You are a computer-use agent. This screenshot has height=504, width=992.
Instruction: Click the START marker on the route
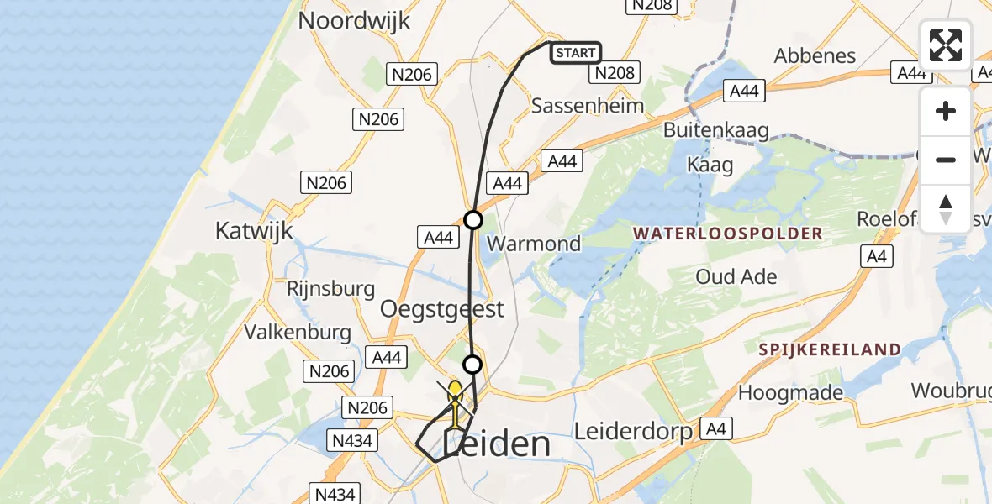pos(576,53)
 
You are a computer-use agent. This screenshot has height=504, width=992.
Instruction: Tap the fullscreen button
pos(946,45)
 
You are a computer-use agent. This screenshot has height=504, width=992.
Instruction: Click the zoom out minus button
pos(946,160)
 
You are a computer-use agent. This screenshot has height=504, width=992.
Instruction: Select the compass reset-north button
pos(946,208)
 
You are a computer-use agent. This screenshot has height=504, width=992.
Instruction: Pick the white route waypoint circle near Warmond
pos(473,220)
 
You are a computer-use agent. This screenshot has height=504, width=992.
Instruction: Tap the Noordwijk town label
pos(354,20)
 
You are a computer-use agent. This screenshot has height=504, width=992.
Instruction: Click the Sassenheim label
pos(588,106)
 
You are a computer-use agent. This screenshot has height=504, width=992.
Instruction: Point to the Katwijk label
pos(254,229)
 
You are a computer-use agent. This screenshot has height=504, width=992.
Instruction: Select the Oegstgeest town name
pos(442,308)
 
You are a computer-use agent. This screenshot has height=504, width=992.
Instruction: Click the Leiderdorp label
pos(633,432)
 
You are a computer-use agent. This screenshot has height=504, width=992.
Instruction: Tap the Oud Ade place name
pos(736,276)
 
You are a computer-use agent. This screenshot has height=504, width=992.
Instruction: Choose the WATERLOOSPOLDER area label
pos(727,234)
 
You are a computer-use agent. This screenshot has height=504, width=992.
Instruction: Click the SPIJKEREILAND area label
pos(830,349)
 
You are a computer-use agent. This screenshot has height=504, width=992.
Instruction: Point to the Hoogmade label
pos(790,391)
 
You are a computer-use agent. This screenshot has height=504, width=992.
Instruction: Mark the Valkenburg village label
pos(298,332)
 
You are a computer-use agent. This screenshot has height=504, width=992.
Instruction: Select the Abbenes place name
pos(815,56)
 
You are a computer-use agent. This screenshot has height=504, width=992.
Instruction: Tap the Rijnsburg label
pos(330,288)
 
